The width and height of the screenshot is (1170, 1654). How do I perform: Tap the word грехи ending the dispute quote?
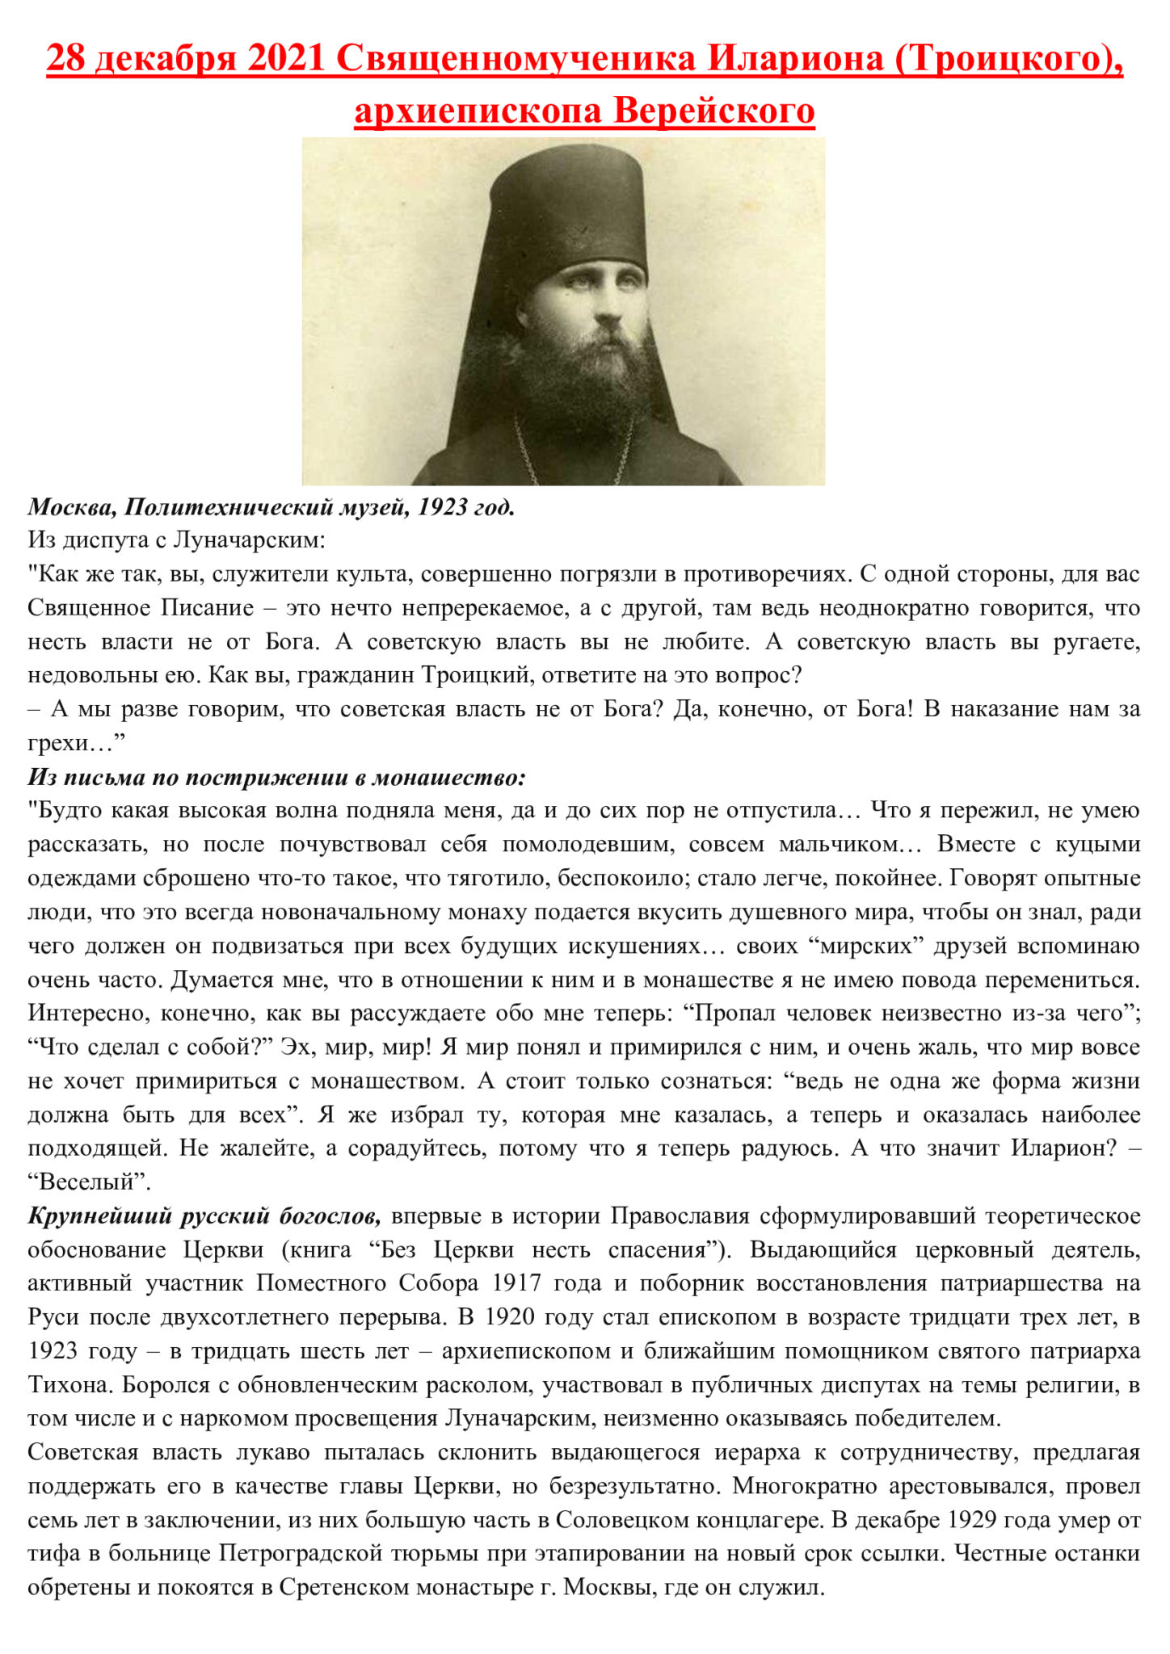pos(57,742)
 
